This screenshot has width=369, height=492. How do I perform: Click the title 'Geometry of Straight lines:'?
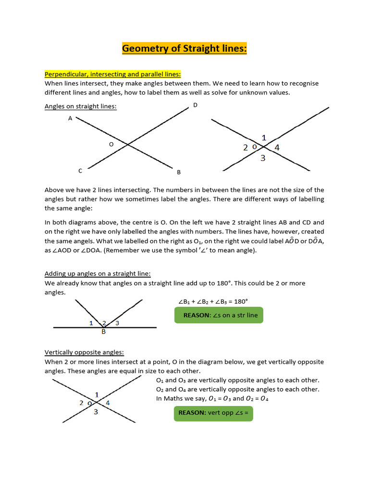pyautogui.click(x=184, y=49)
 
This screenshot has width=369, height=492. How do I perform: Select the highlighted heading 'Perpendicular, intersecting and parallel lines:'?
pyautogui.click(x=113, y=74)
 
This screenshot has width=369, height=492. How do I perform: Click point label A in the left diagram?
pyautogui.click(x=70, y=118)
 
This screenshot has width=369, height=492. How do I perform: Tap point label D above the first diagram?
pyautogui.click(x=195, y=105)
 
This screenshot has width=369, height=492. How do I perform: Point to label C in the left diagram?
pyautogui.click(x=81, y=171)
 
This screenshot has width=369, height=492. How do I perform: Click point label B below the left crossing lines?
pyautogui.click(x=179, y=172)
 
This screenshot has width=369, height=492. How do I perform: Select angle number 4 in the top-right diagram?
pyautogui.click(x=277, y=148)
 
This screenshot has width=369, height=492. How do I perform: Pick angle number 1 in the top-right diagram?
pyautogui.click(x=264, y=137)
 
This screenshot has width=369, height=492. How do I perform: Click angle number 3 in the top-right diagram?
pyautogui.click(x=263, y=158)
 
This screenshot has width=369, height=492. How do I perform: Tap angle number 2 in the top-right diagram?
pyautogui.click(x=246, y=148)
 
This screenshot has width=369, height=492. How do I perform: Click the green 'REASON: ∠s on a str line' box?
pyautogui.click(x=219, y=315)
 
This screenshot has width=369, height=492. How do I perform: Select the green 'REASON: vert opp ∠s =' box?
pyautogui.click(x=213, y=413)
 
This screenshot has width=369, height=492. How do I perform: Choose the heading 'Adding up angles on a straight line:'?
pyautogui.click(x=98, y=274)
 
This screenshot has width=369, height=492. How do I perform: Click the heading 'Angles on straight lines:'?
pyautogui.click(x=81, y=106)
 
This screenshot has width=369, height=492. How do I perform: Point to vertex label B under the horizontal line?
pyautogui.click(x=103, y=332)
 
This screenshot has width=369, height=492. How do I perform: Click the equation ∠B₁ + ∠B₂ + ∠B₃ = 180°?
pyautogui.click(x=213, y=301)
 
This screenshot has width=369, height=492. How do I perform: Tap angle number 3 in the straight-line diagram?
pyautogui.click(x=117, y=323)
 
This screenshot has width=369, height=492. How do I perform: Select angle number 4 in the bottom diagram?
pyautogui.click(x=108, y=403)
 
